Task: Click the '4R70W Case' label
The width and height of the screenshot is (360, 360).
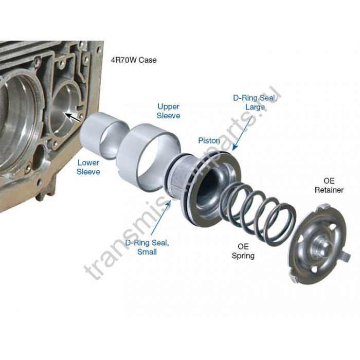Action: [134, 60]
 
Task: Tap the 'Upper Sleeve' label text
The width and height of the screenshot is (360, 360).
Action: [168, 111]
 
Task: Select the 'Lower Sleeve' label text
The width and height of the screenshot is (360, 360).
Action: [88, 167]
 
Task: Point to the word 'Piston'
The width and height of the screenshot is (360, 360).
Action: [209, 140]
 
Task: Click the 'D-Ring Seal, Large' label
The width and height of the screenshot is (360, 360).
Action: [255, 102]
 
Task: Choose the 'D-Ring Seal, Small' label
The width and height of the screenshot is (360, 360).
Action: [147, 247]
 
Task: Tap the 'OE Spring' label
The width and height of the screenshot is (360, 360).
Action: [243, 251]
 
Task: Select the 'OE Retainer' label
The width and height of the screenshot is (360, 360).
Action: [329, 185]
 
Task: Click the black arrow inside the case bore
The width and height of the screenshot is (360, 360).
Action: [73, 117]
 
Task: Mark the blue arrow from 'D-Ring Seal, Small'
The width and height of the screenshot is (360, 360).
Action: [160, 218]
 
